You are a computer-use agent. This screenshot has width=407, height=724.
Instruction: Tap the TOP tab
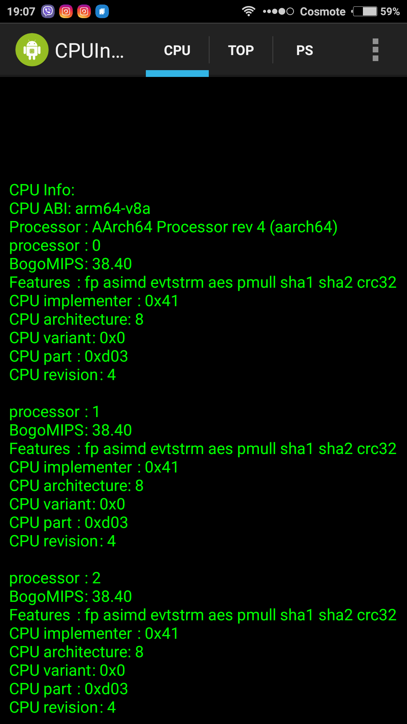click(241, 50)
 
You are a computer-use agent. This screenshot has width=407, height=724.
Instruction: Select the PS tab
click(304, 50)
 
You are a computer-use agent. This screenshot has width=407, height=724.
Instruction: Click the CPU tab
click(177, 50)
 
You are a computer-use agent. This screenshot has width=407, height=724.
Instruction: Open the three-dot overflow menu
click(375, 50)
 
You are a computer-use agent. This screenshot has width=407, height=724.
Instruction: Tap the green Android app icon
click(32, 50)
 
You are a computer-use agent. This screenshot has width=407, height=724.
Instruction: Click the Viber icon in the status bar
click(48, 11)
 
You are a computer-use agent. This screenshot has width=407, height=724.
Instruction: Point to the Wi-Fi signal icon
click(248, 11)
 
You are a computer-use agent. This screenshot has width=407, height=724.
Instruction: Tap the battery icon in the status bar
click(365, 11)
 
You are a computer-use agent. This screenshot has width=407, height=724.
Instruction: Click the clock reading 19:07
click(21, 12)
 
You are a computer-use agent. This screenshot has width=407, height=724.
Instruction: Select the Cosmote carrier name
click(323, 12)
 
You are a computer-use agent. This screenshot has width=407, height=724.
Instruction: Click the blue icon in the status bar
click(102, 11)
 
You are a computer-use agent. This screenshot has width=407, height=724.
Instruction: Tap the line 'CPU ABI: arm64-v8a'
click(80, 209)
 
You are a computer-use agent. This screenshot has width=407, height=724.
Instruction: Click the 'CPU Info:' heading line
click(42, 190)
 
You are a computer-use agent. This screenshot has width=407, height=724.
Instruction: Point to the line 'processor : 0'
click(55, 245)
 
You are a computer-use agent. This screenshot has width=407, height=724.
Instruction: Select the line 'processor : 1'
click(55, 412)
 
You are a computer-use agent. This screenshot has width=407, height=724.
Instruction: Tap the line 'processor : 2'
click(55, 578)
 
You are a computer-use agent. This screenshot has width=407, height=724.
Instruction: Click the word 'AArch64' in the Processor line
click(122, 227)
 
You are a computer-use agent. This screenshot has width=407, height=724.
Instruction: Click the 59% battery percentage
click(390, 12)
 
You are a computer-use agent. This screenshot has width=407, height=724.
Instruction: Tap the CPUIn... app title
click(89, 50)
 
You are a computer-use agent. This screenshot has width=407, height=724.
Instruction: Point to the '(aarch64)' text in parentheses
click(303, 227)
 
